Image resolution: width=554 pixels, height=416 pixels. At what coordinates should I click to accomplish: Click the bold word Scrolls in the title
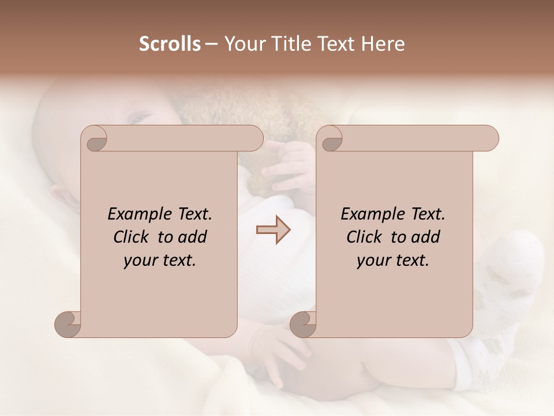(170, 44)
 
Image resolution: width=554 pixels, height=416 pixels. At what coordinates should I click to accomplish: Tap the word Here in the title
(383, 44)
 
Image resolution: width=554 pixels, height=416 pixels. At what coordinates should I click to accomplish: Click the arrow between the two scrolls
(274, 230)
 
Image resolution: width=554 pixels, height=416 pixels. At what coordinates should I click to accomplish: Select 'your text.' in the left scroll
(160, 261)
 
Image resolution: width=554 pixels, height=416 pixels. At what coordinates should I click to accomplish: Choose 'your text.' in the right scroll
(393, 261)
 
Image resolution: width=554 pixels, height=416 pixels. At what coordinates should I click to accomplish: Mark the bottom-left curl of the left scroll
(68, 324)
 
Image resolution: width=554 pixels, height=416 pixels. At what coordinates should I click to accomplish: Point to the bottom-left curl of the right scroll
(304, 324)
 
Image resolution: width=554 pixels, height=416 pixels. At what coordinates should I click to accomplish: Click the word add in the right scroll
(426, 237)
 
